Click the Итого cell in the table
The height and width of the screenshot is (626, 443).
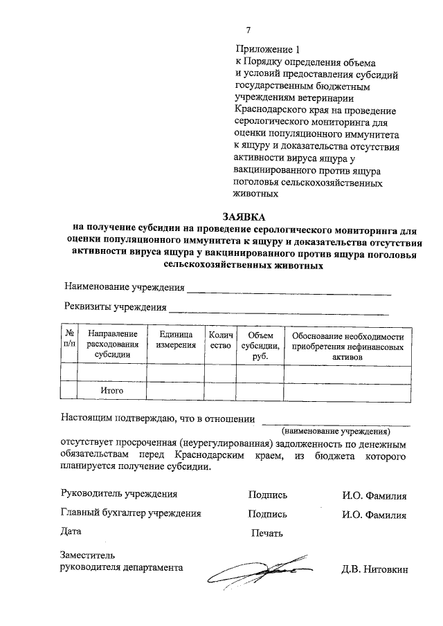111,390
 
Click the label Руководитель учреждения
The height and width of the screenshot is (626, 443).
119,494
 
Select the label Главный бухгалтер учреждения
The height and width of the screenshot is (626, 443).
131,513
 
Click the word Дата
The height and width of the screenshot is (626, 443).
71,532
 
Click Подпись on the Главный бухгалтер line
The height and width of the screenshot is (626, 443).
267,514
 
